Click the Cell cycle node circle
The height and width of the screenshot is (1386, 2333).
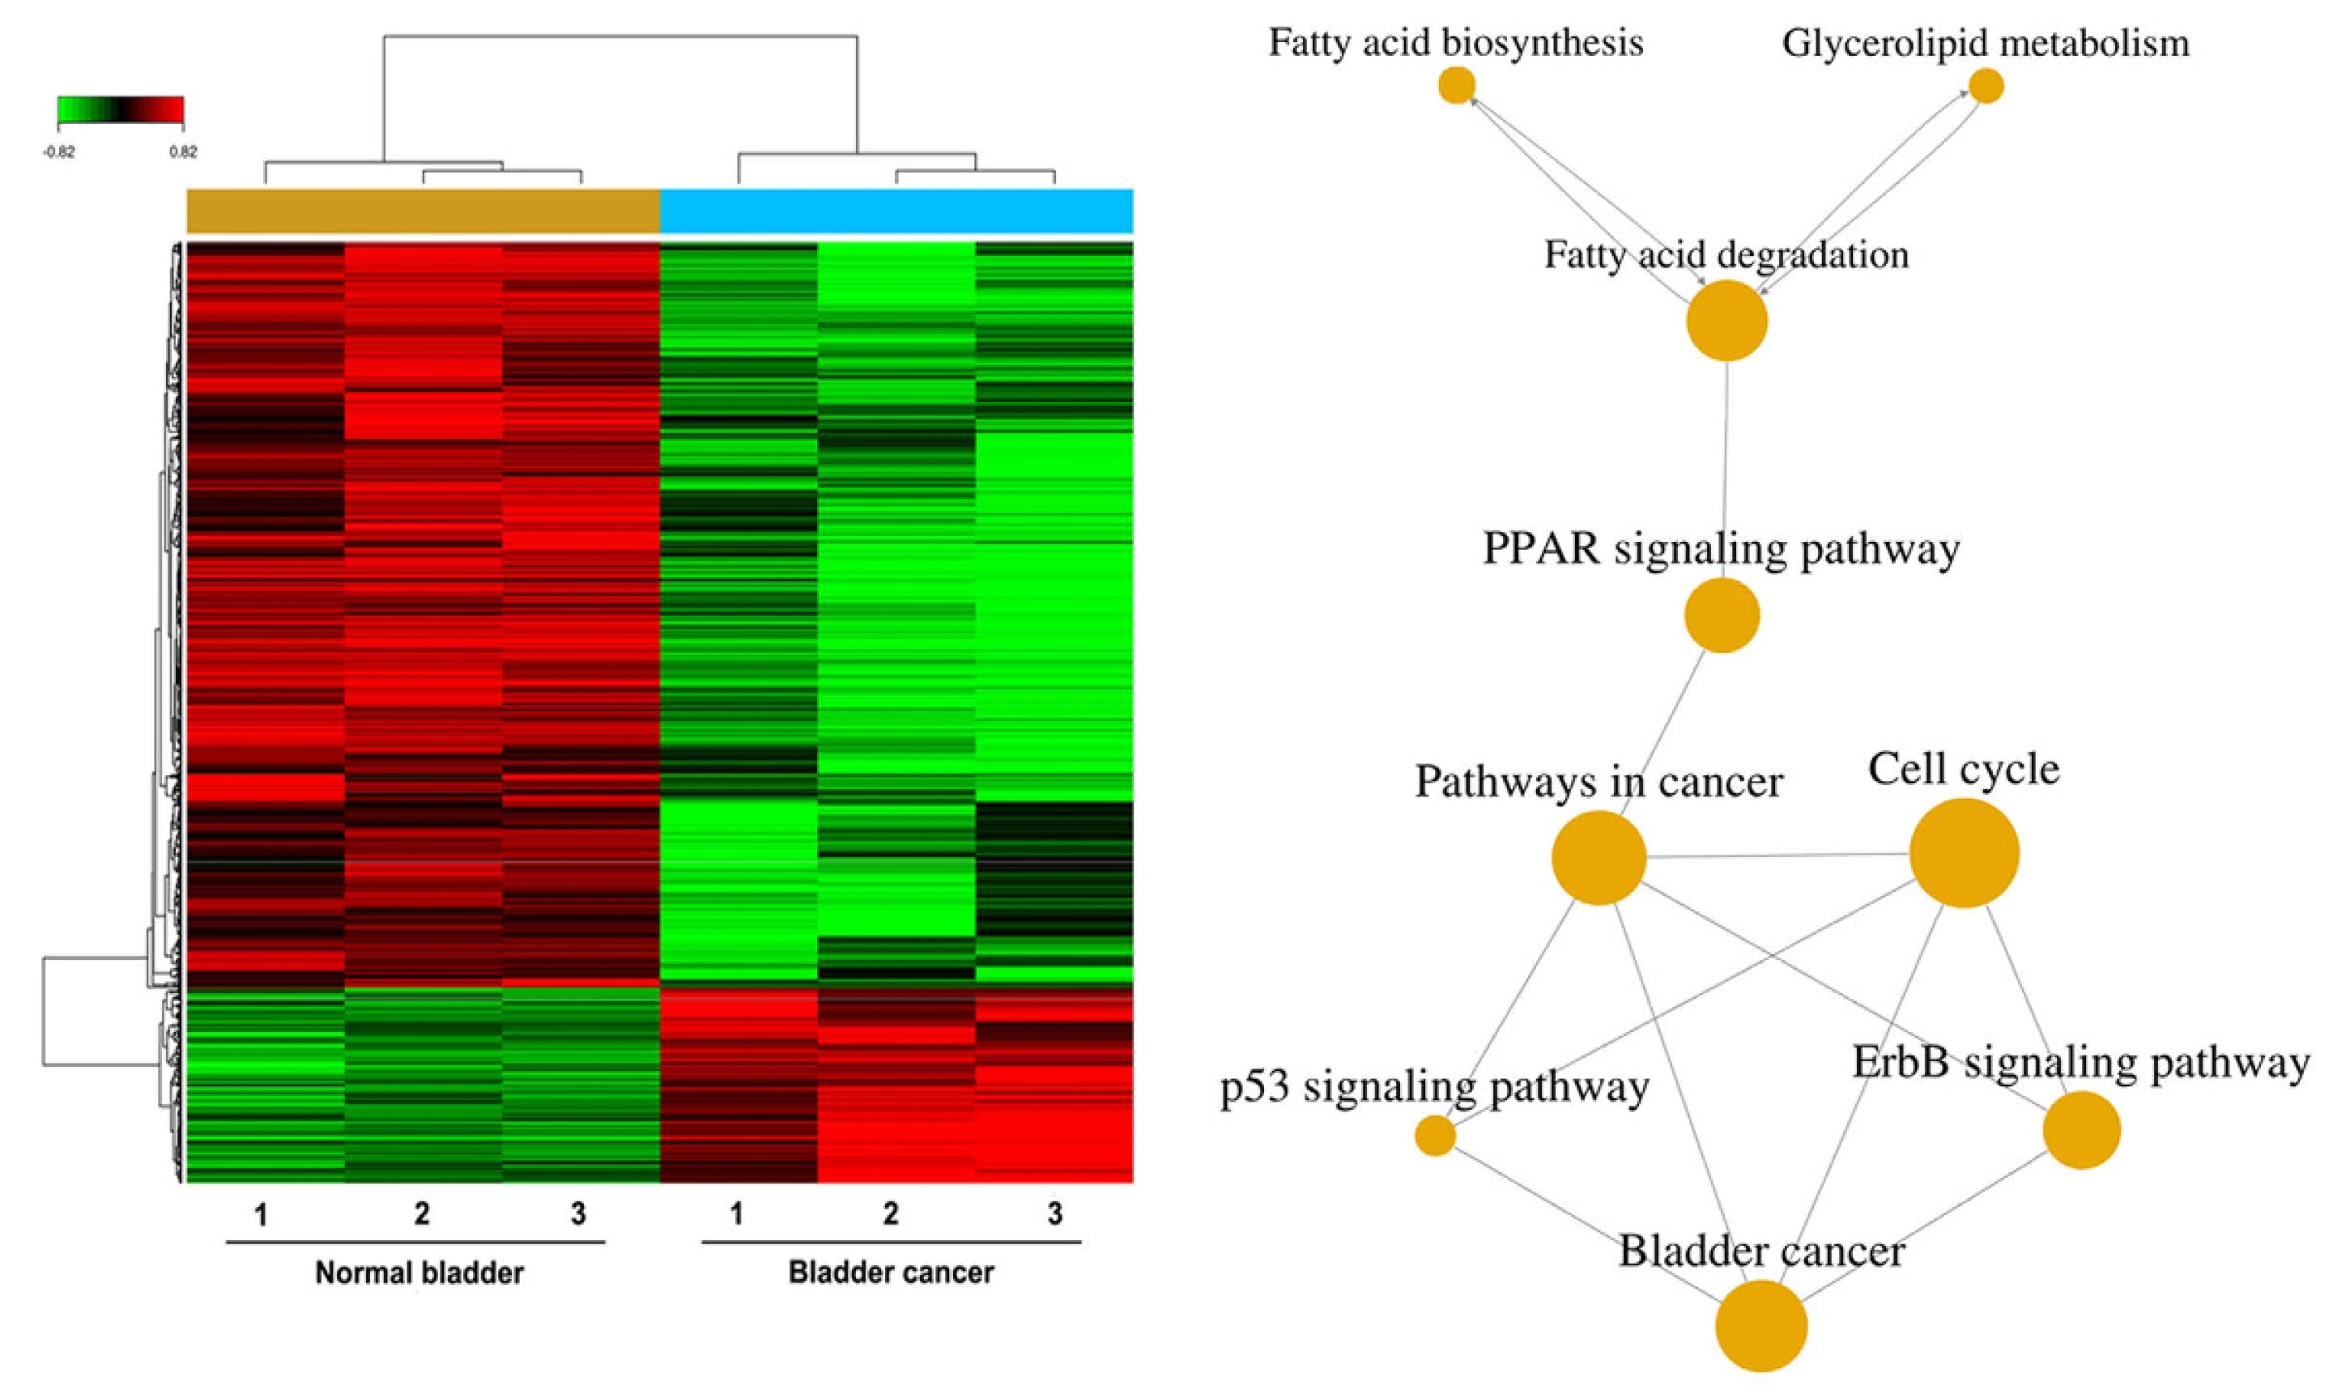(x=1965, y=853)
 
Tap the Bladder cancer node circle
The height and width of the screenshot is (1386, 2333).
(x=1761, y=1325)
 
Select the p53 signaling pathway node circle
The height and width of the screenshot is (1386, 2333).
(x=1435, y=1136)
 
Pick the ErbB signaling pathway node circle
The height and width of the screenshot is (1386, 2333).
(x=2082, y=1129)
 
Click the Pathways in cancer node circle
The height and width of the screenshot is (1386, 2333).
(x=1599, y=857)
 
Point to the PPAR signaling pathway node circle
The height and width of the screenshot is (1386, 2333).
(x=1722, y=615)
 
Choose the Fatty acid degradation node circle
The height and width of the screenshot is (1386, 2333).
(x=1726, y=320)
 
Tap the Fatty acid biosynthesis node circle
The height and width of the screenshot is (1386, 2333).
(x=1456, y=86)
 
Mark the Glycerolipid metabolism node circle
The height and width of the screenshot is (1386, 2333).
(x=1986, y=87)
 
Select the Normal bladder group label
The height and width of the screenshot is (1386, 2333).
(x=419, y=1272)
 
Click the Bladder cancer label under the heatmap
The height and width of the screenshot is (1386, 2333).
(x=891, y=1272)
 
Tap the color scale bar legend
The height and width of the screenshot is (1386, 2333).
(x=121, y=110)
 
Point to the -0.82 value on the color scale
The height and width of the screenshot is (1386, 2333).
(x=59, y=153)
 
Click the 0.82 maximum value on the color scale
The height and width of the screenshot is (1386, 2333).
(x=183, y=153)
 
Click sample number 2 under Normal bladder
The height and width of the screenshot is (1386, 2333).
(x=422, y=1214)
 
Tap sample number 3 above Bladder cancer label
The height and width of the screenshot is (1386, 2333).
(x=1055, y=1214)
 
